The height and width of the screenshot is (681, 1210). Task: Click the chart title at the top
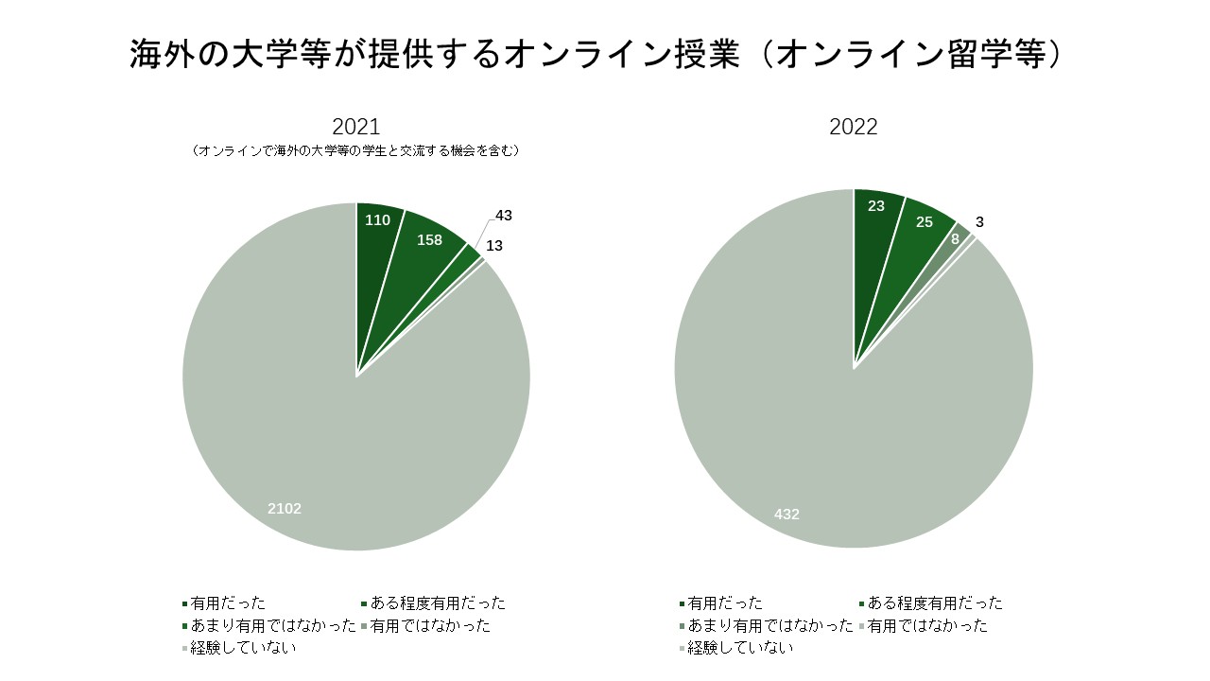[x=596, y=54]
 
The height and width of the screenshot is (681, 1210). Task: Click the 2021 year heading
[x=355, y=127]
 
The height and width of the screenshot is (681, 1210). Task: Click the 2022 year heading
[x=853, y=127]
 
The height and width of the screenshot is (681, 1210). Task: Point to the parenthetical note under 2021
[x=355, y=150]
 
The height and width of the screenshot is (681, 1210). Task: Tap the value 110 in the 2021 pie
[x=377, y=220]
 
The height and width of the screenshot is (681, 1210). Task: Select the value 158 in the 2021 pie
[x=429, y=240]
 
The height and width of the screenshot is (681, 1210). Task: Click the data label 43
[x=504, y=216]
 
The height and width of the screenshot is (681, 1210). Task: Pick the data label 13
[x=494, y=246]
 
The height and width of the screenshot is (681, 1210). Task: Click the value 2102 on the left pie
[x=285, y=509]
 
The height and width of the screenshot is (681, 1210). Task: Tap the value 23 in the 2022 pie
[x=875, y=206]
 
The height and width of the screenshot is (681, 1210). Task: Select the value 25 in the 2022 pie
[x=925, y=222]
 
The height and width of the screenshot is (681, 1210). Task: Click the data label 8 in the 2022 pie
[x=955, y=239]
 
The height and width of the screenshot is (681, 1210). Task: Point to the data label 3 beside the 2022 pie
[x=979, y=222]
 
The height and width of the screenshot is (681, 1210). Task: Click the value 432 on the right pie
[x=786, y=515]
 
